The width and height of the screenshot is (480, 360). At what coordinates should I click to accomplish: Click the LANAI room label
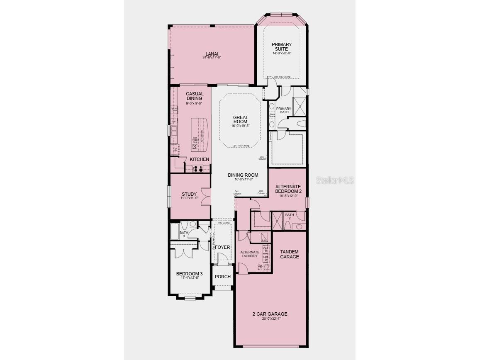[212, 54]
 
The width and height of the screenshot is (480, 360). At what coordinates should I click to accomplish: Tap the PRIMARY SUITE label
[282, 46]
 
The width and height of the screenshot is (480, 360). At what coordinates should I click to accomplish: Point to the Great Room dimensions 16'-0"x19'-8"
[241, 125]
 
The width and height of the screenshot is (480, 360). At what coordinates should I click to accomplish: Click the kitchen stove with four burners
[197, 169]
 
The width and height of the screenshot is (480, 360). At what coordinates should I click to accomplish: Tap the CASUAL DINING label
[194, 96]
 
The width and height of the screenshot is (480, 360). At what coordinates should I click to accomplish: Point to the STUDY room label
[189, 194]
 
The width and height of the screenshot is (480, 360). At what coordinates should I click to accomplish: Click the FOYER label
[222, 247]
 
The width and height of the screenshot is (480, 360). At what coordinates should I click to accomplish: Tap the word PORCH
[222, 277]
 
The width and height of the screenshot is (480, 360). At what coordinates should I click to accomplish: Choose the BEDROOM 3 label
[189, 274]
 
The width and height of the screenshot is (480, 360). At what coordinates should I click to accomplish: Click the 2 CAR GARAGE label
[270, 314]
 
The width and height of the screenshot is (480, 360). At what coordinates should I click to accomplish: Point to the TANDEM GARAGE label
[289, 254]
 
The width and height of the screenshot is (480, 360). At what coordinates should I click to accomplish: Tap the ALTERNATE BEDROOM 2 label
[288, 189]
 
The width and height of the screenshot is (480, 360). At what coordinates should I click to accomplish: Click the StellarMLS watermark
[335, 180]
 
